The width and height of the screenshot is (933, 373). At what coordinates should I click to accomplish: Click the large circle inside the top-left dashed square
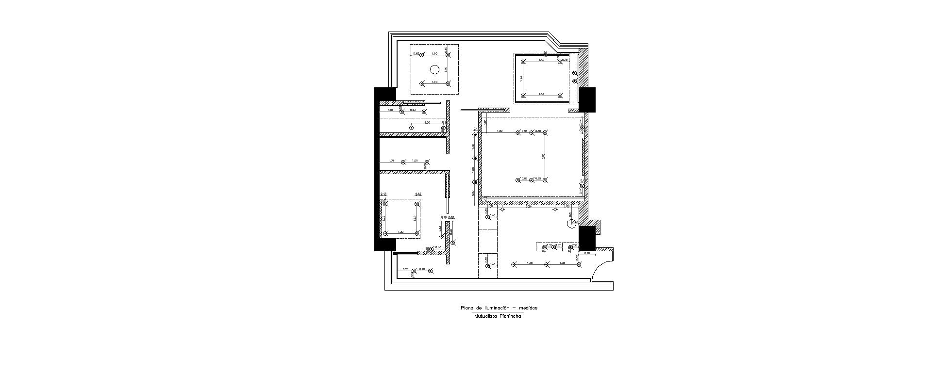(x=435, y=69)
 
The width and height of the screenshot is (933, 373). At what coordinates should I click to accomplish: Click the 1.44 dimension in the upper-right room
(x=521, y=78)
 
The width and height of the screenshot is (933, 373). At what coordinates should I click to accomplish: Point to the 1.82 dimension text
(x=500, y=131)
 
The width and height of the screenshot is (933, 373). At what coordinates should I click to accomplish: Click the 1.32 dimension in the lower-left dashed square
(x=400, y=232)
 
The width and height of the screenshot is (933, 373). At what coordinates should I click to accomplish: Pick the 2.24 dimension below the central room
(x=529, y=207)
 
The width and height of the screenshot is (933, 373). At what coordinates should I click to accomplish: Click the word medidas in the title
(x=528, y=308)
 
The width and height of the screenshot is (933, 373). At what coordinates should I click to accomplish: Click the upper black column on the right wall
(x=587, y=99)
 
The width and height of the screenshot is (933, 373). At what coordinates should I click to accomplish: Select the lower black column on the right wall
(x=587, y=238)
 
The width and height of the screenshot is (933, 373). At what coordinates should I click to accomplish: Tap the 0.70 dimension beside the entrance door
(x=586, y=253)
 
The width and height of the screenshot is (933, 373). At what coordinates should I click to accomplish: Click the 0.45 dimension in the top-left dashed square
(x=416, y=53)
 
